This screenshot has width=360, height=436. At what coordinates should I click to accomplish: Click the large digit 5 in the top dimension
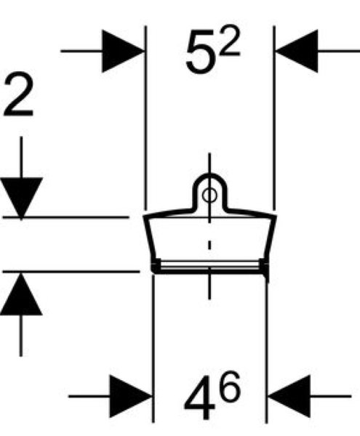[201, 52]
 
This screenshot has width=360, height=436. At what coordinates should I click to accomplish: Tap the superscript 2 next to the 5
[231, 41]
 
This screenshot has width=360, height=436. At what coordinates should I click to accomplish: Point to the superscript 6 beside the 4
[229, 387]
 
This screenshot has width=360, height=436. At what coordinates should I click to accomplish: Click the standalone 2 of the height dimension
[18, 94]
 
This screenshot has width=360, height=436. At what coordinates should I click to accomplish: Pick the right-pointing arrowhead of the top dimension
[123, 51]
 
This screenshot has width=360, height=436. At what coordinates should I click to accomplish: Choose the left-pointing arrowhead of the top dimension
[297, 51]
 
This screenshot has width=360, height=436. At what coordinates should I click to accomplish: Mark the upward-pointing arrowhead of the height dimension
[21, 294]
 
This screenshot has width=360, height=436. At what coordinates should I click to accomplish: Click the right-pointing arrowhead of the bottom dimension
[131, 396]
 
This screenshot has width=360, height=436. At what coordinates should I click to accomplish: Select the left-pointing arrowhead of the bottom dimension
[289, 396]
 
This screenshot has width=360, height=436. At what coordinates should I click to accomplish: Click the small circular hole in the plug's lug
[209, 195]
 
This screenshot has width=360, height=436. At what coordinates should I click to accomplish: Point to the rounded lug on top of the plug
[209, 176]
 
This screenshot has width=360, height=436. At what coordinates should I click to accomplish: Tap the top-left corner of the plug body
[143, 216]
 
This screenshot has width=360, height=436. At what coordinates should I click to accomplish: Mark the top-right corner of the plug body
[276, 215]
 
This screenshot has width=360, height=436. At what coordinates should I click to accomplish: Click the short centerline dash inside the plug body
[209, 245]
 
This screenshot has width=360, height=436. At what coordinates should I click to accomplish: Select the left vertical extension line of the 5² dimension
[145, 118]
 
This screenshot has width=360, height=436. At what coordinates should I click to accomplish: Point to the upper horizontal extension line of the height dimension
[66, 217]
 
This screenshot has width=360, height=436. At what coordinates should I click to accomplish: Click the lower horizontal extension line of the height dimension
[71, 271]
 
